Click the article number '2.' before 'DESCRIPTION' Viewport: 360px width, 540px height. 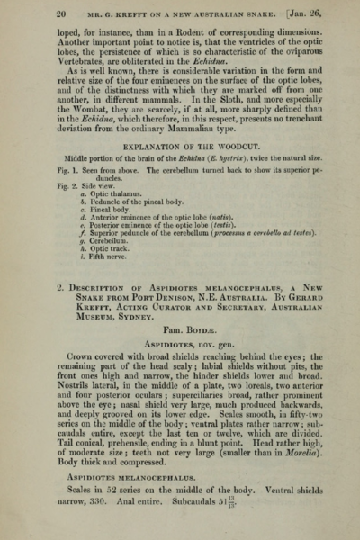(x=58, y=311)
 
